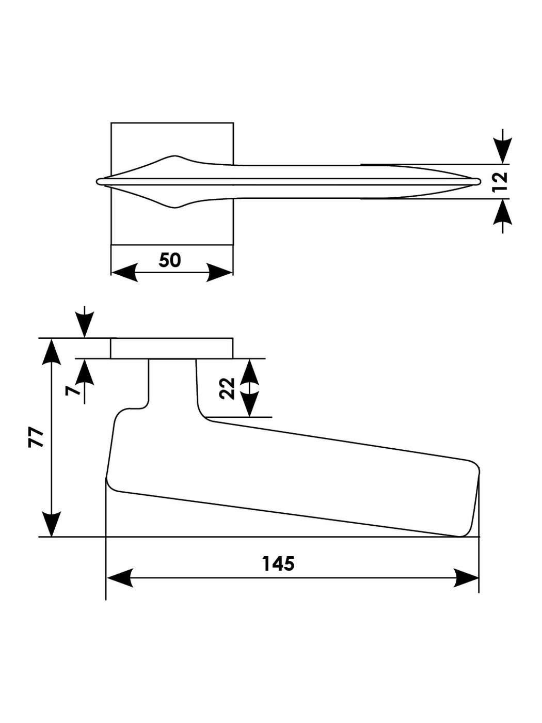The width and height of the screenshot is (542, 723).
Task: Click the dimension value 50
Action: click(x=170, y=260)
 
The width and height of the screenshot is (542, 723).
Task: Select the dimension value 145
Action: click(x=278, y=563)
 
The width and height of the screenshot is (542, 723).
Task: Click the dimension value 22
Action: click(x=227, y=388)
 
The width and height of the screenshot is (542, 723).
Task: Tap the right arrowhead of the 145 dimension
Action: click(x=466, y=578)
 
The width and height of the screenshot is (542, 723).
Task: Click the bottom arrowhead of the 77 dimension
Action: click(x=52, y=524)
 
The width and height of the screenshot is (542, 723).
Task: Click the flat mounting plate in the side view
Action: click(x=172, y=348)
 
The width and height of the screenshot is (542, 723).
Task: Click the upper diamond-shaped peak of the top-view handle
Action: click(x=176, y=156)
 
